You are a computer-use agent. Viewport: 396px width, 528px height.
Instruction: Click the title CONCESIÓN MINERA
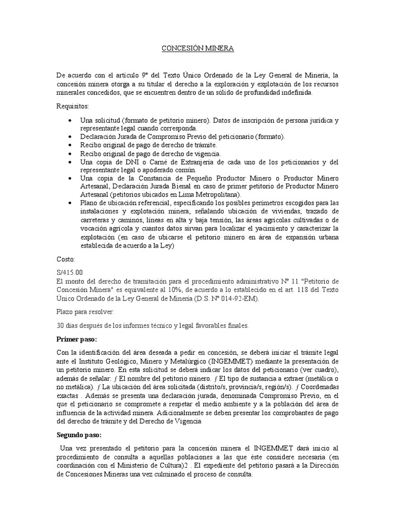point(198,48)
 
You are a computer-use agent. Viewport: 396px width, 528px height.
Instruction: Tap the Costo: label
point(65,259)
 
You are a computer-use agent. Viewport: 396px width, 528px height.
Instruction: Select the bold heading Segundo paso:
point(79,435)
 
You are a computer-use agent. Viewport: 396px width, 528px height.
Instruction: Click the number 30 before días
point(61,325)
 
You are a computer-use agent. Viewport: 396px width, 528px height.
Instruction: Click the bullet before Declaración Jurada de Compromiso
point(70,137)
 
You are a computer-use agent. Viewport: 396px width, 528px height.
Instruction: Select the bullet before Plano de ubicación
point(70,203)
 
